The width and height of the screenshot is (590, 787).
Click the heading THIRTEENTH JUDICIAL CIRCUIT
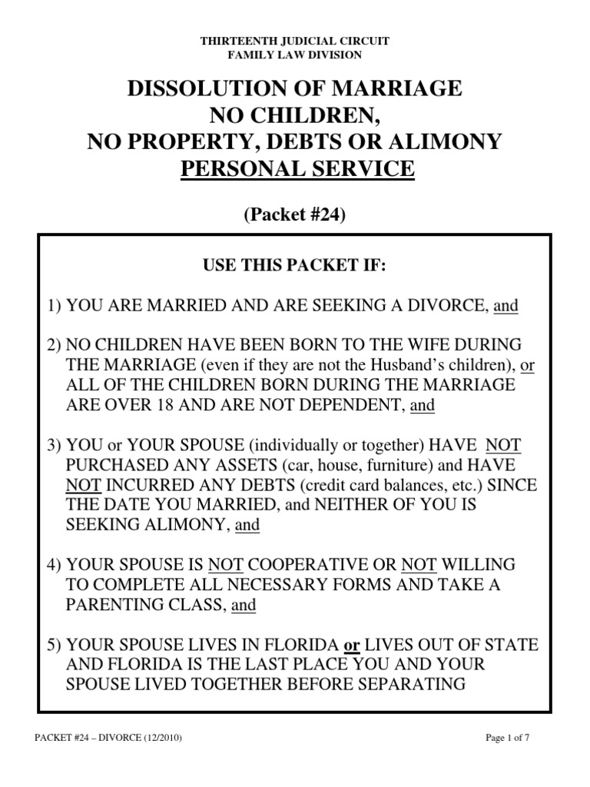(295, 42)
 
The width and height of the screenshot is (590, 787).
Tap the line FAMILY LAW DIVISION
(295, 55)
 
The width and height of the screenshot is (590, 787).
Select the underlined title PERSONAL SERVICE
(297, 168)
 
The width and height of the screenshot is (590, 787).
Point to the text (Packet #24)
(295, 216)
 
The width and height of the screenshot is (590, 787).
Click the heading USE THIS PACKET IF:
(294, 267)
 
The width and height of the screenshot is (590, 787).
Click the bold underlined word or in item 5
(351, 643)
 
